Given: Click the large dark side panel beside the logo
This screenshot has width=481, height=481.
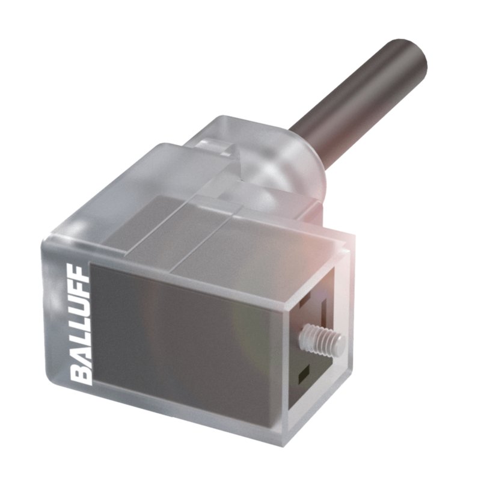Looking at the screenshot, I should (x=180, y=337).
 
